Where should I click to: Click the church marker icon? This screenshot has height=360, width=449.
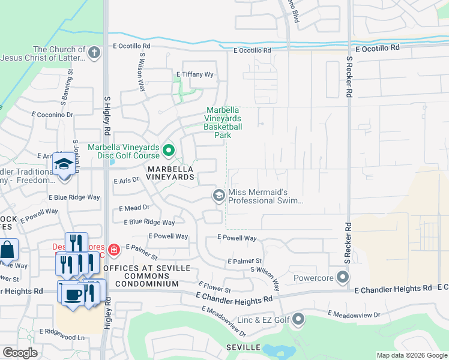click(x=94, y=53)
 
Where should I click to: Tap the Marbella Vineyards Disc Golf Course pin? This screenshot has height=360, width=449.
click(x=169, y=150)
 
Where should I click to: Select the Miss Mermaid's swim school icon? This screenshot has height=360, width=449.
click(x=219, y=195)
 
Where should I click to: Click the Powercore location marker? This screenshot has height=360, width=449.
click(x=343, y=277)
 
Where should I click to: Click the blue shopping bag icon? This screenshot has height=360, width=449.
click(x=7, y=250)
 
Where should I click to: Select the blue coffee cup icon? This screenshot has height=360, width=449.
click(x=73, y=295)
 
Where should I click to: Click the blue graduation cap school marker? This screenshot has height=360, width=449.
click(x=63, y=163)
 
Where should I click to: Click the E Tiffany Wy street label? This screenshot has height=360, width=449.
click(x=194, y=74)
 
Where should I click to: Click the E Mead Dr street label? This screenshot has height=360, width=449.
click(x=134, y=208)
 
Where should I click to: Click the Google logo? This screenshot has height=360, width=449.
click(x=20, y=353)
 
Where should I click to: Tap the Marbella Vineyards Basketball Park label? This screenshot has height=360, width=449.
click(x=223, y=122)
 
